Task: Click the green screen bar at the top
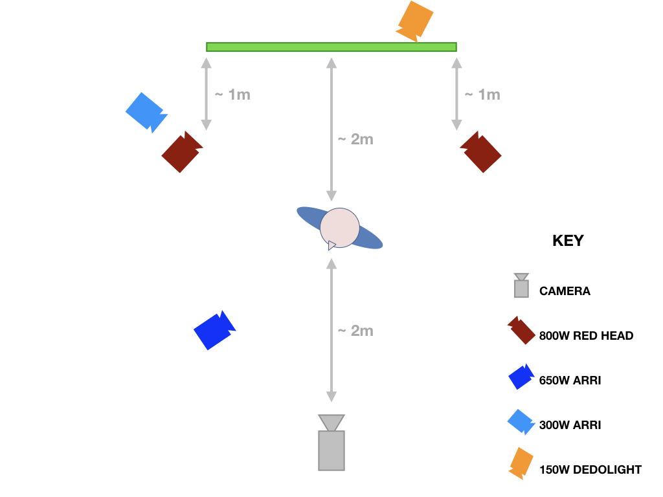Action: (x=331, y=47)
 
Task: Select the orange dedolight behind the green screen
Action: (x=415, y=21)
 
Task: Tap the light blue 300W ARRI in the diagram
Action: (x=146, y=112)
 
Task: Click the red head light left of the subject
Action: (x=182, y=152)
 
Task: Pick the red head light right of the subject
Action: (x=481, y=152)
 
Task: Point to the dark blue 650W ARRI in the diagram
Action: (x=214, y=331)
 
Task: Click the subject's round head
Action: (x=339, y=228)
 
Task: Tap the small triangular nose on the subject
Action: (x=331, y=245)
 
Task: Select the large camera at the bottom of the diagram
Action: (x=331, y=443)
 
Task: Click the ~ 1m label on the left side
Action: (x=232, y=94)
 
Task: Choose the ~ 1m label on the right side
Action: (x=482, y=94)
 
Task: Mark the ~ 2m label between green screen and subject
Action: (x=355, y=139)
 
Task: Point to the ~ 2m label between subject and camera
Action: (x=355, y=331)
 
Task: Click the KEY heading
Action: (x=568, y=241)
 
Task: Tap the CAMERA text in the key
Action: (x=565, y=291)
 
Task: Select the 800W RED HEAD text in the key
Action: (x=586, y=336)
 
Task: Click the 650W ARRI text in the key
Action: (x=570, y=381)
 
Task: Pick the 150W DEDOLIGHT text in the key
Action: (x=590, y=470)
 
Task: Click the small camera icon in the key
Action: (x=521, y=285)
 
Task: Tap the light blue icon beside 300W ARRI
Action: (x=521, y=422)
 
